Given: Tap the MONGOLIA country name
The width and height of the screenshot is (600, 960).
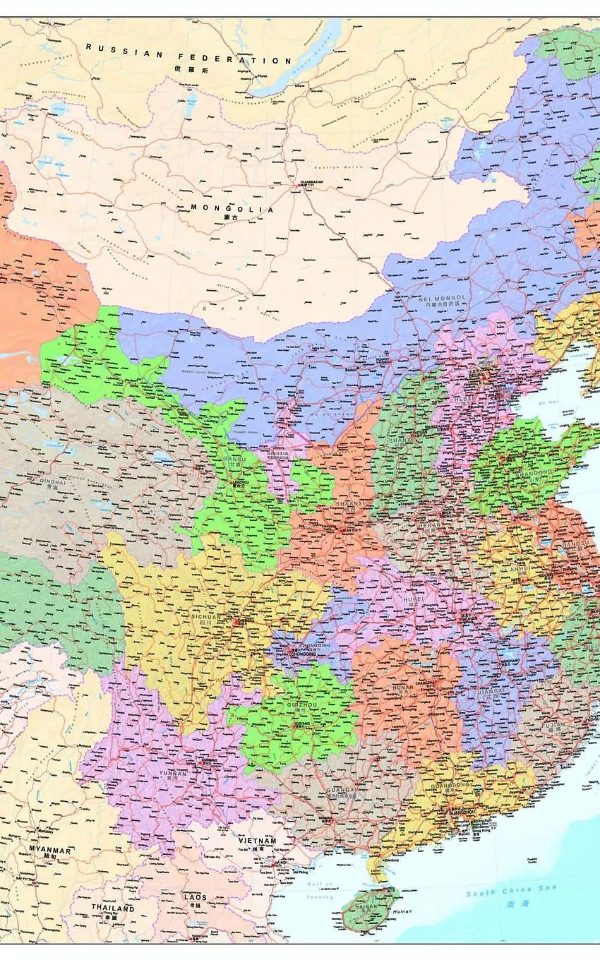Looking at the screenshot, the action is point(232,208).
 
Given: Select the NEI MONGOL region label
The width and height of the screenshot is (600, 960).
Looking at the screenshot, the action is point(442,299).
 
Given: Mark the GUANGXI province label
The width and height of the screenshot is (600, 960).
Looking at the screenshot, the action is point(342,788).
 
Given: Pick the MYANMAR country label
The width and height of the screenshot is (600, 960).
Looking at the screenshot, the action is point(49,851).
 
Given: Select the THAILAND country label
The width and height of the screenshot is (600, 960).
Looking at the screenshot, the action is point(113,908).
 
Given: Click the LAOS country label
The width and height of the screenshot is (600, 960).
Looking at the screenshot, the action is point(196,897).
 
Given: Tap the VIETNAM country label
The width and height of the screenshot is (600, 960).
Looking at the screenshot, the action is point(257,841).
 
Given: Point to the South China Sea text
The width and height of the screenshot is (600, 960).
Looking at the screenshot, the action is point(510,892).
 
